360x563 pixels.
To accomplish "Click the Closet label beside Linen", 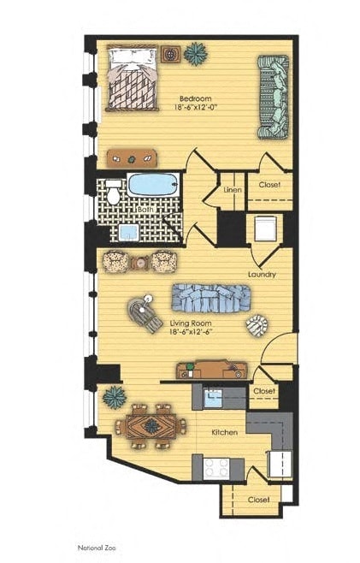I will [x=269, y=184].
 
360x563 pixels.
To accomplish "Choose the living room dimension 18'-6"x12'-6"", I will [x=198, y=333].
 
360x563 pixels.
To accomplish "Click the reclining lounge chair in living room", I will [x=145, y=314].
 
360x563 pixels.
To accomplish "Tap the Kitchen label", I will [x=224, y=433].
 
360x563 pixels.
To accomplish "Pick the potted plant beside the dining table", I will [x=113, y=396].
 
